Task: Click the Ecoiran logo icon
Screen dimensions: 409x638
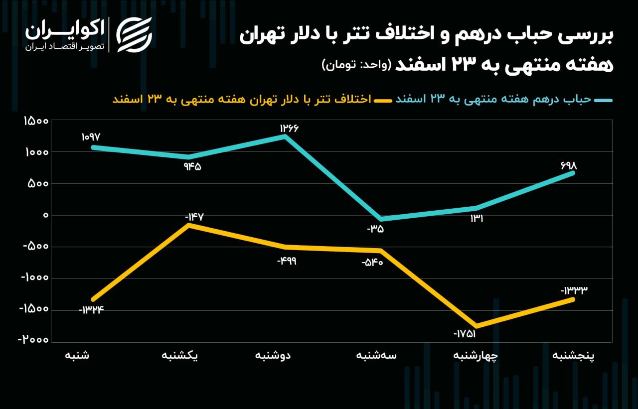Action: (x=134, y=35)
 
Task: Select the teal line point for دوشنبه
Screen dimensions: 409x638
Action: (x=285, y=136)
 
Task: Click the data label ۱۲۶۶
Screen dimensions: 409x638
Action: (x=289, y=128)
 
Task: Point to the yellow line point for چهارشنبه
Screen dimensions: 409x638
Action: (x=477, y=326)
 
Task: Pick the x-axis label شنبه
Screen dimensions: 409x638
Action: (x=77, y=356)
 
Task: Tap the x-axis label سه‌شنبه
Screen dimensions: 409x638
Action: (x=377, y=356)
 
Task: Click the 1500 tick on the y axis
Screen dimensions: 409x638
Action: (x=35, y=121)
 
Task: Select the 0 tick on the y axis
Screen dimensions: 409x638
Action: (x=45, y=215)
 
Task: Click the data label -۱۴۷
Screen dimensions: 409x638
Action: (x=194, y=217)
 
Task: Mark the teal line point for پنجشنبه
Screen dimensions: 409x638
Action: (x=573, y=173)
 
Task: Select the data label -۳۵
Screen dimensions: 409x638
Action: (x=375, y=229)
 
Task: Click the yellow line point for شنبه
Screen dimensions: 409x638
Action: (x=93, y=299)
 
